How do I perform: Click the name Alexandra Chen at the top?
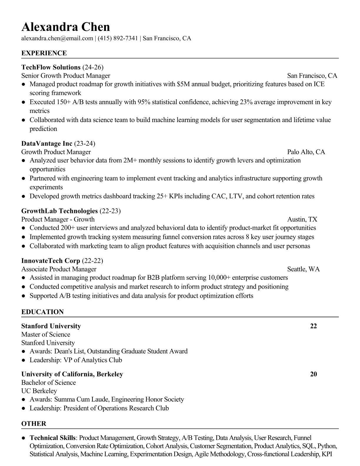point(66,27)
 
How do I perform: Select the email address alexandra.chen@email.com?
point(57,38)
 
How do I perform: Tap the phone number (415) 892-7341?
point(118,38)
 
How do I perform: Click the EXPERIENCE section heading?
point(44,53)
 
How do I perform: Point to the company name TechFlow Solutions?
point(51,67)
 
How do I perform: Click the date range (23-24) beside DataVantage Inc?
point(85,144)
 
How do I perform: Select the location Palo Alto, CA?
point(306,152)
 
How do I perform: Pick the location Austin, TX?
point(302,219)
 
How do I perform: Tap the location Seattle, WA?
point(303,269)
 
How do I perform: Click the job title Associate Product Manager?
point(59,269)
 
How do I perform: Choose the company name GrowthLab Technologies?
point(59,211)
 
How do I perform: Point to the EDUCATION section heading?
point(42,312)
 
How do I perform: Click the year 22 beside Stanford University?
point(314,326)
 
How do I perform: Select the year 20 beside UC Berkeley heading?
point(314,374)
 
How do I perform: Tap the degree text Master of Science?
point(46,334)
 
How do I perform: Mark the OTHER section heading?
point(34,424)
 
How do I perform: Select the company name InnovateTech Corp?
point(51,261)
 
